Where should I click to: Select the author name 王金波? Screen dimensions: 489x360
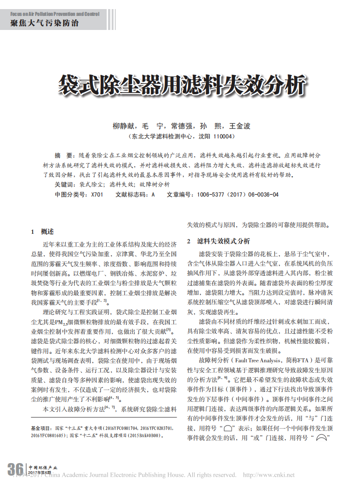pyautogui.click(x=240, y=126)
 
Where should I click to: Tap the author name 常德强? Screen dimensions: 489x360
pyautogui.click(x=182, y=126)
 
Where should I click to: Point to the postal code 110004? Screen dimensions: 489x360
pyautogui.click(x=221, y=136)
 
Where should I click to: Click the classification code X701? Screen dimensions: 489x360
pyautogui.click(x=97, y=194)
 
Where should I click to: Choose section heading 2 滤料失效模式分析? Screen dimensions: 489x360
pyautogui.click(x=219, y=241)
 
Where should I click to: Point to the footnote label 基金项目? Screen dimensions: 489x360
pyautogui.click(x=41, y=428)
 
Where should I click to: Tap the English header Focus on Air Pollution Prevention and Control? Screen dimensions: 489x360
pyautogui.click(x=54, y=14)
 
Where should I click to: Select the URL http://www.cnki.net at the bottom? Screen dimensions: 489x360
pyautogui.click(x=269, y=475)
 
